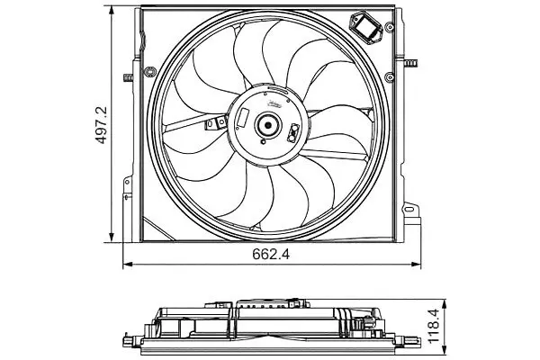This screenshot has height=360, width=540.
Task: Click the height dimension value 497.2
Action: click(x=101, y=125)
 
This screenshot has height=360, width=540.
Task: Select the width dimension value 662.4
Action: click(x=271, y=254)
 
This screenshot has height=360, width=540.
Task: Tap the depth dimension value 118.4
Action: click(x=434, y=326)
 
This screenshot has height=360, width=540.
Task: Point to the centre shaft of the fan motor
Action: click(x=267, y=125)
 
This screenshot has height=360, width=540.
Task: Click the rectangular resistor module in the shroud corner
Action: click(x=366, y=28)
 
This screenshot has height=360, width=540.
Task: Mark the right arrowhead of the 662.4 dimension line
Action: click(x=416, y=265)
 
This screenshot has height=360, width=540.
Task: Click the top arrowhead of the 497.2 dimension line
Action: click(x=112, y=11)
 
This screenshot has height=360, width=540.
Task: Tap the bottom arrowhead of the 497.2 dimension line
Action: click(x=112, y=238)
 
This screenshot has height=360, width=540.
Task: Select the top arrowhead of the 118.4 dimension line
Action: click(x=445, y=304)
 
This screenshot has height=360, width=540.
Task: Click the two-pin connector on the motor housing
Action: click(x=293, y=132)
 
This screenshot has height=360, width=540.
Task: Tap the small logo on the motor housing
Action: click(x=274, y=103)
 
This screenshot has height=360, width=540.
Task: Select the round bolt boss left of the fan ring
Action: click(x=150, y=72)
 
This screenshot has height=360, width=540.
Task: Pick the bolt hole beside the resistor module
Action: click(x=390, y=27)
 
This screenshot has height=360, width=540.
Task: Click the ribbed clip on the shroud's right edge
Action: click(x=411, y=63)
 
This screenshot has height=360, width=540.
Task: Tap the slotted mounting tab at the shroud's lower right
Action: click(x=409, y=209)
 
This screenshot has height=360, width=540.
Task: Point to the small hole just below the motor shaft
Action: click(x=264, y=141)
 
